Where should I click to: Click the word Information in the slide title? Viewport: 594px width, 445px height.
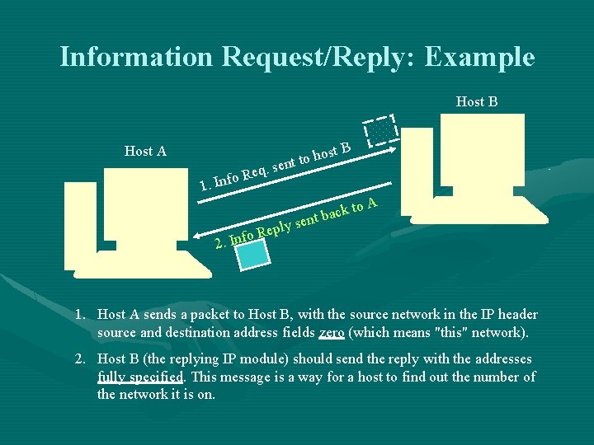(x=136, y=57)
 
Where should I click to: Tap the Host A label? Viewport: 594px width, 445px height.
(x=145, y=151)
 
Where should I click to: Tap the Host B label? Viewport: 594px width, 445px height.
(x=477, y=102)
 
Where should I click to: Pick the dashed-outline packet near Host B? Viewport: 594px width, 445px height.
(x=382, y=132)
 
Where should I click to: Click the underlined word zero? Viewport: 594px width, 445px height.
(x=332, y=334)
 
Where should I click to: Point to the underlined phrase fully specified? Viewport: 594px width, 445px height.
(x=141, y=377)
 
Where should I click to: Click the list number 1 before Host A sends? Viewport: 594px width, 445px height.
(x=79, y=315)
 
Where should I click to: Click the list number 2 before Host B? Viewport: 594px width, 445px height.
(x=79, y=359)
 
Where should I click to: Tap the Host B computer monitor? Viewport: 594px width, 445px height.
(x=482, y=150)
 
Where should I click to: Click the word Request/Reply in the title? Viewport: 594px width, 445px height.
(x=320, y=57)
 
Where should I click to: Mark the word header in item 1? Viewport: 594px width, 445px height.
(x=516, y=315)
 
